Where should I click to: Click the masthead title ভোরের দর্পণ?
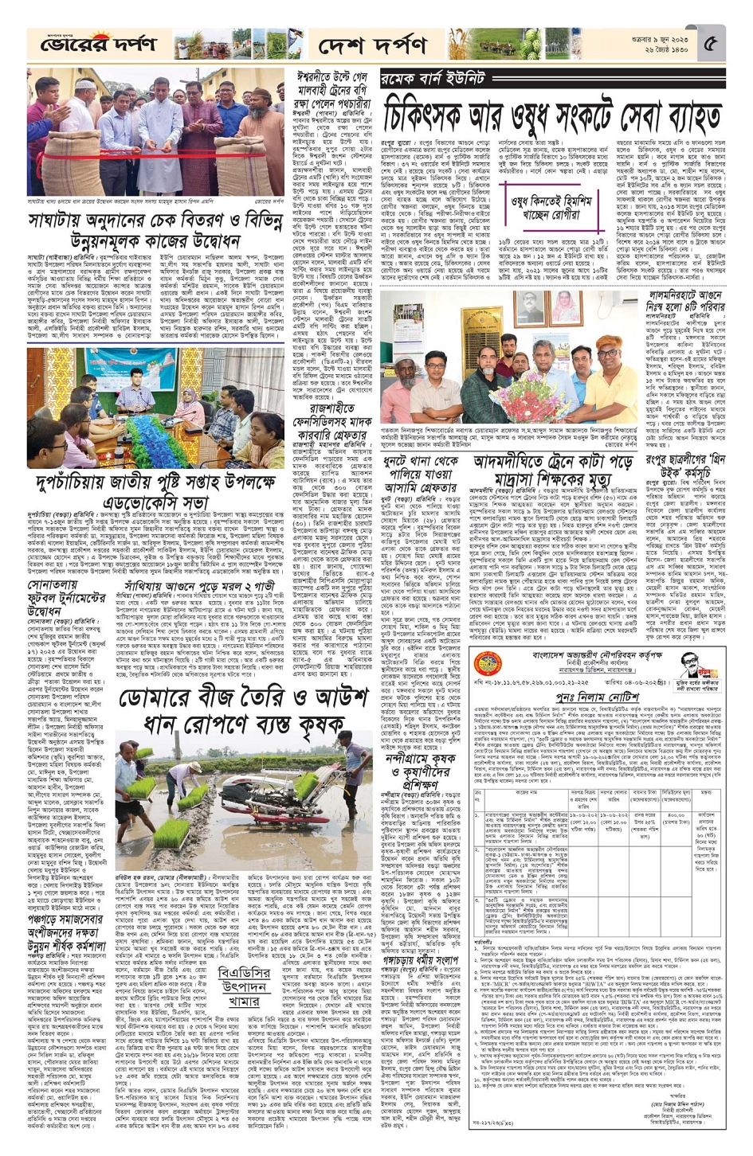click(x=99, y=44)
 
